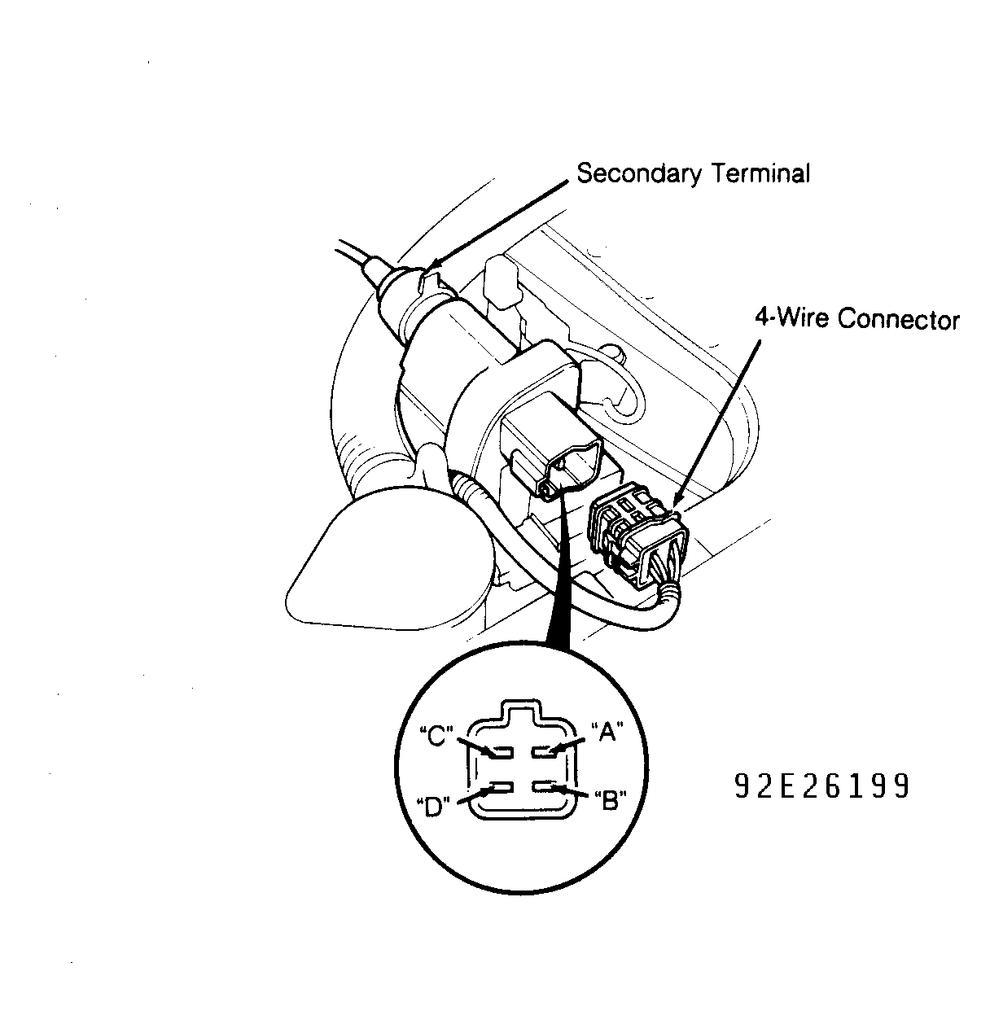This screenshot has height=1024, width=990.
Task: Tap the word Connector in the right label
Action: coord(899,319)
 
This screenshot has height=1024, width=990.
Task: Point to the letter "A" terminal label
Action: coord(607,732)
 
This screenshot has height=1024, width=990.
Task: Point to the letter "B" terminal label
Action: coord(611,801)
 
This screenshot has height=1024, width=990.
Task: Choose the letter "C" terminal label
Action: coord(436,736)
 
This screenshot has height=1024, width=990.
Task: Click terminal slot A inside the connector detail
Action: coord(545,752)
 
